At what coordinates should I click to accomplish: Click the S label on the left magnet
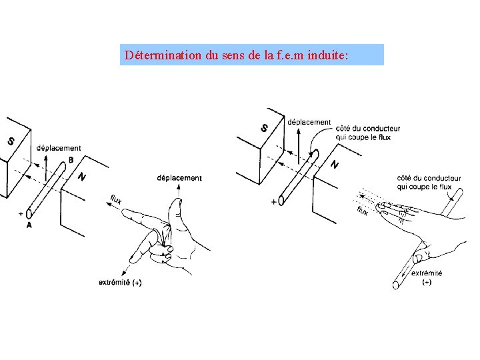[11, 141]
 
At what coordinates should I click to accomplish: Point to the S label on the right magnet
[265, 127]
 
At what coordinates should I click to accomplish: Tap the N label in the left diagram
[81, 177]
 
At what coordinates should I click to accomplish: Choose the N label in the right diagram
[335, 164]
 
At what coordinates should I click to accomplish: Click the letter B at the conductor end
[71, 160]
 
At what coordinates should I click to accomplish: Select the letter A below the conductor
[29, 225]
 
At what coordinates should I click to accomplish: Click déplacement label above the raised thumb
[179, 178]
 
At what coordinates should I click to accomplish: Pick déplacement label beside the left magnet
[59, 148]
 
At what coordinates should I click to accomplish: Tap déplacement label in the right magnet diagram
[309, 122]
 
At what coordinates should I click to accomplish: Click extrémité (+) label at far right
[427, 277]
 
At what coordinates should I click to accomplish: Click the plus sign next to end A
[21, 214]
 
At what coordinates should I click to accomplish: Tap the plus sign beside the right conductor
[273, 201]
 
